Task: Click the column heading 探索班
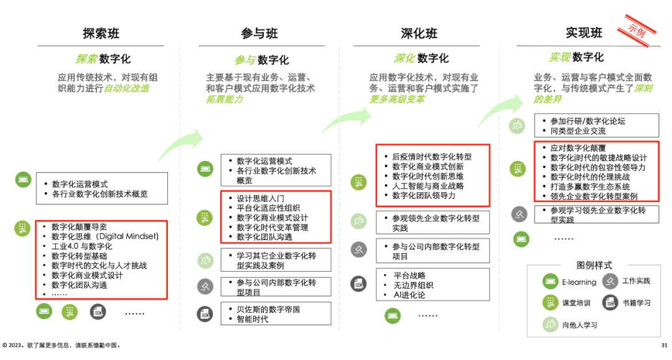point(101,33)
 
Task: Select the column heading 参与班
point(259,33)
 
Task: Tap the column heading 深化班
point(419,33)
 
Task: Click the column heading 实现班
point(584,32)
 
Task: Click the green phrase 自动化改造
point(126,88)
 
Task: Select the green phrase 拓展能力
point(225,99)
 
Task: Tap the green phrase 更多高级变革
point(397,99)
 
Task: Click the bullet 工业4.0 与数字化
point(82,246)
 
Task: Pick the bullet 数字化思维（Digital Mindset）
point(105,236)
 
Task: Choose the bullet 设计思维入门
point(260,198)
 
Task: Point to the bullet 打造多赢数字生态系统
point(590,187)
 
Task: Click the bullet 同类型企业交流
point(577,131)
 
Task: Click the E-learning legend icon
point(550,282)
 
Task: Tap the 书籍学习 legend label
point(636,303)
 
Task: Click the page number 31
point(664,345)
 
